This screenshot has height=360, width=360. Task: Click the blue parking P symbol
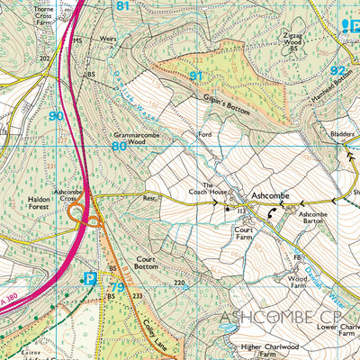pos(89,280)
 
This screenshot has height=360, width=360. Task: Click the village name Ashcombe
pos(271,194)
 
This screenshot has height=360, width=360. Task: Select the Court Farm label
pos(246,234)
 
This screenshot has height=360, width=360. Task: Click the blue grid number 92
pos(337,70)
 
